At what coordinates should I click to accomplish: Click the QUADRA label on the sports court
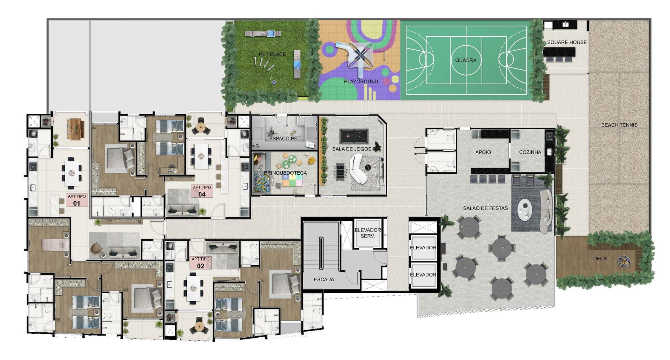pos(466,60)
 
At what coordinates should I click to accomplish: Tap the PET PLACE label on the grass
pos(272,54)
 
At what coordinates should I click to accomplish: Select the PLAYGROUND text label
pos(361,81)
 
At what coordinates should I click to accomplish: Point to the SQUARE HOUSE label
pos(567,42)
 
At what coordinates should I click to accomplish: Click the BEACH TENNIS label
pos(619,125)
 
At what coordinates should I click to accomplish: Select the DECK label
pos(600,259)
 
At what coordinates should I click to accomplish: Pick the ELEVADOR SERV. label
pos(367,233)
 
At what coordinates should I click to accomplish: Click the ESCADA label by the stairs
pos(324,279)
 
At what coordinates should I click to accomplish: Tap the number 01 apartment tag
pos(77,204)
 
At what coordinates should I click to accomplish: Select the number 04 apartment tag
pos(202,194)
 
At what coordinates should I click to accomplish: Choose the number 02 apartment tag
pos(200,266)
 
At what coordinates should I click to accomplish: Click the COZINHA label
pos(530,152)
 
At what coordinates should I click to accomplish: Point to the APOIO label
pos(483,152)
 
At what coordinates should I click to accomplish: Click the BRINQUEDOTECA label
pos(285,173)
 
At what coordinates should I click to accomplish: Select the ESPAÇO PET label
pos(285,139)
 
